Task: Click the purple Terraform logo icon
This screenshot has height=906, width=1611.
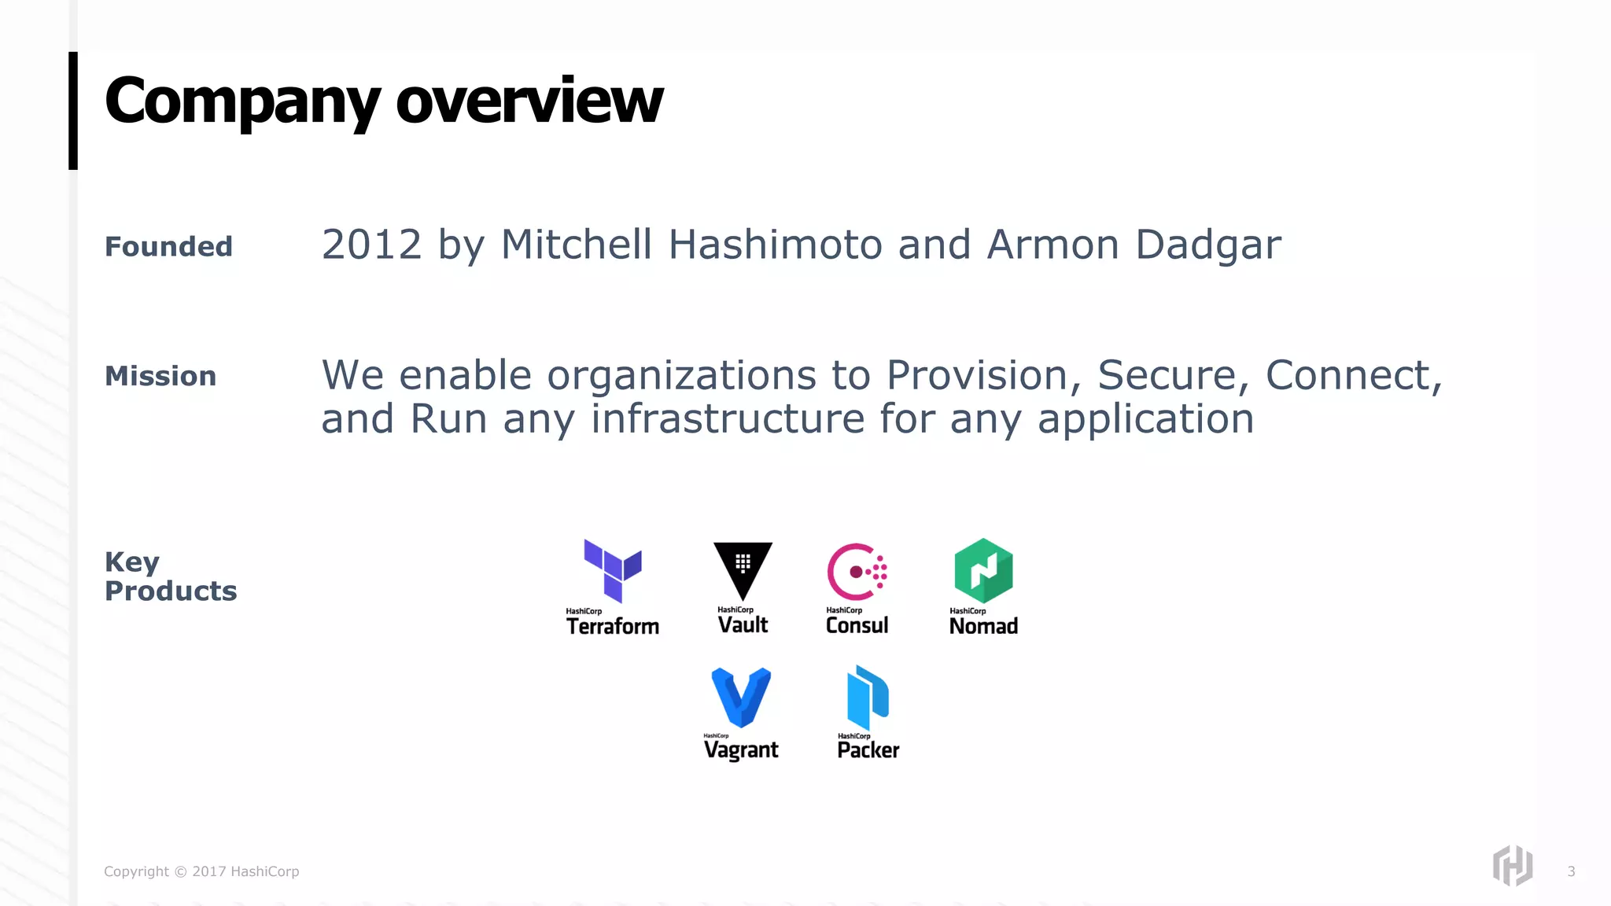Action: [613, 570]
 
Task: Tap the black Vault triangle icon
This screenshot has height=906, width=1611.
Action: [743, 569]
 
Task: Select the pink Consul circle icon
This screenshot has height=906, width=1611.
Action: [856, 572]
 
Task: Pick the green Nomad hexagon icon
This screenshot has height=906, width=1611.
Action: [983, 570]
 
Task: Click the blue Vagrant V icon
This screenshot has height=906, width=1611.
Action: [741, 697]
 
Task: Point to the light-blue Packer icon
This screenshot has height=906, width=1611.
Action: [868, 697]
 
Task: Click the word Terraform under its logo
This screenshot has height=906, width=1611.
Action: [613, 626]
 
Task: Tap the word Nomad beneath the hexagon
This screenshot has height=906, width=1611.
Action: [983, 626]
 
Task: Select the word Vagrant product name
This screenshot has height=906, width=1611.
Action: [741, 750]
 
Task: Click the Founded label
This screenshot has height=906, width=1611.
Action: [168, 247]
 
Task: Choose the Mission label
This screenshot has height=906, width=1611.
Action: [160, 377]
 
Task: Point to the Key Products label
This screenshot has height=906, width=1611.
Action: [170, 576]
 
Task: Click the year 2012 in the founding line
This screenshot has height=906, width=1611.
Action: [372, 245]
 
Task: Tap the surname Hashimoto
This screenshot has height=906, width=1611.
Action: [775, 245]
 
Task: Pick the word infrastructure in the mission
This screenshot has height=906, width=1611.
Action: [728, 418]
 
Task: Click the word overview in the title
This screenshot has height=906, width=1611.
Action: [529, 101]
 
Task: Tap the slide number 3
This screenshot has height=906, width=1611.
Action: [1571, 871]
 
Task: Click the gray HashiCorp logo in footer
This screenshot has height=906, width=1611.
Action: [1513, 866]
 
